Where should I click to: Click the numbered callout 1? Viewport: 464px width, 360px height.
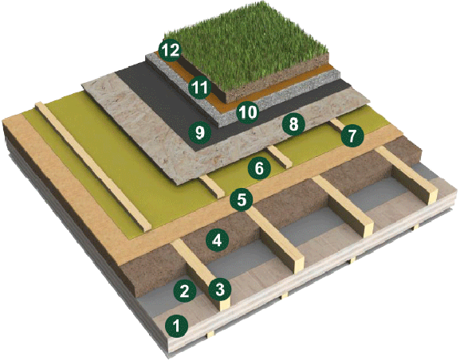(177, 327)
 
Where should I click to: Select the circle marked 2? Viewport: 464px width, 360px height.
(185, 292)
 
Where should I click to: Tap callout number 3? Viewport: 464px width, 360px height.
(220, 289)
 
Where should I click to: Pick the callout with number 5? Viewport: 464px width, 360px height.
(242, 199)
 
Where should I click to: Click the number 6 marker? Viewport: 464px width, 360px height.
(259, 169)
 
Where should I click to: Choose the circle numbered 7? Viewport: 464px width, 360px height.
(352, 135)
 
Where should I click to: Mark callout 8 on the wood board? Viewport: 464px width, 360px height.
(293, 124)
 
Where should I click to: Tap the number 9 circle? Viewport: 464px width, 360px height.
(200, 132)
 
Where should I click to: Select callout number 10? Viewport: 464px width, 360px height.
(247, 112)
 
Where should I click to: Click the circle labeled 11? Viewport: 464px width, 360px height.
(200, 88)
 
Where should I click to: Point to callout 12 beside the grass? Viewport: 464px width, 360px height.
(170, 50)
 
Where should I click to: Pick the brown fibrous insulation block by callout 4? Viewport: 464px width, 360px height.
(190, 251)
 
